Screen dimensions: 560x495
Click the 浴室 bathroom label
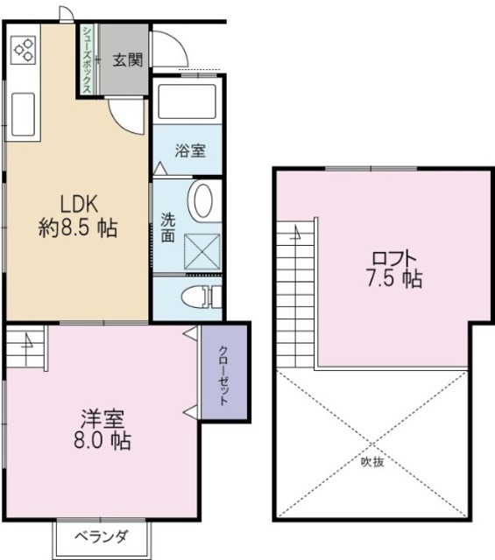click(190, 150)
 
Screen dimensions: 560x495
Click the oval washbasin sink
click(201, 199)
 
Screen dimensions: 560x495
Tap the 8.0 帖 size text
click(103, 441)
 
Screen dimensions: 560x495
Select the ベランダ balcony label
click(101, 536)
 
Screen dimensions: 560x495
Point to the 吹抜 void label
click(372, 461)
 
